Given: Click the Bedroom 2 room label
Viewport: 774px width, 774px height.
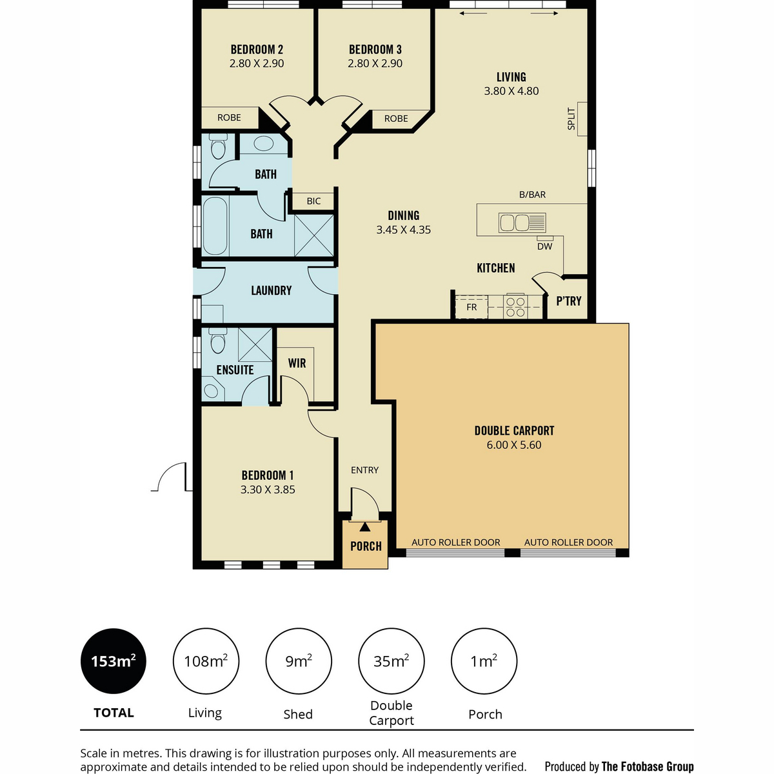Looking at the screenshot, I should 257,50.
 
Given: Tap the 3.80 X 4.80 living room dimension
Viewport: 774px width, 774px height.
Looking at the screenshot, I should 511,91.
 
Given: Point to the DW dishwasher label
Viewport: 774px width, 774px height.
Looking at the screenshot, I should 544,246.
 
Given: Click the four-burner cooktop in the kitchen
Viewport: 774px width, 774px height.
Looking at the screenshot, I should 515,306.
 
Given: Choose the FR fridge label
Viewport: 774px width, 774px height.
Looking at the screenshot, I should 471,307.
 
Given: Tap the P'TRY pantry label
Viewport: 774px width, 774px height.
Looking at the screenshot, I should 568,301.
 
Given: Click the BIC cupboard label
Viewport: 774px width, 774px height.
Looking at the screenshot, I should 313,201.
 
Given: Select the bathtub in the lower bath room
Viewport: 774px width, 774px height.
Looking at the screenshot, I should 215,226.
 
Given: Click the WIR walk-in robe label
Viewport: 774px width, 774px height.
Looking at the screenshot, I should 297,363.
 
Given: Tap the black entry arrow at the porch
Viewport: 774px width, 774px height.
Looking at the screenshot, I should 365,527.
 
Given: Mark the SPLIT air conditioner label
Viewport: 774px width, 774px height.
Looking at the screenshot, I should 571,119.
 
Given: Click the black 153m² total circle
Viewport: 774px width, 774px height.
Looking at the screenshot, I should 114,661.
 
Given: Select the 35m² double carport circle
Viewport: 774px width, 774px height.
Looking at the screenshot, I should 391,661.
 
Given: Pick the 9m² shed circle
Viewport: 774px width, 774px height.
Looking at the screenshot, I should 299,661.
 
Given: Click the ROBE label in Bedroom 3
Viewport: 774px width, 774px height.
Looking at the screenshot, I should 396,119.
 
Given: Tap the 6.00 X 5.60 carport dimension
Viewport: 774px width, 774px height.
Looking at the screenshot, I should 514,445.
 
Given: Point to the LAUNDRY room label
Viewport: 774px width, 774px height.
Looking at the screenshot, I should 271,291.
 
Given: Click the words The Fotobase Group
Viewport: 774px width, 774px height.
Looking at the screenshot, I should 648,766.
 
